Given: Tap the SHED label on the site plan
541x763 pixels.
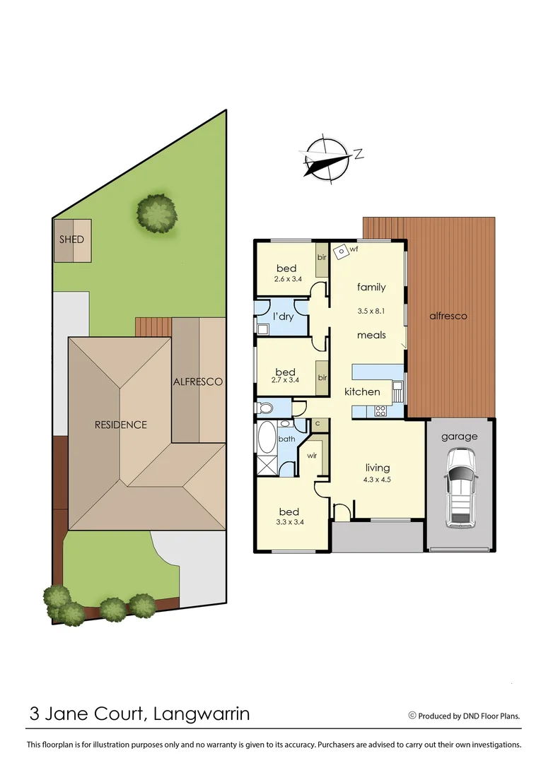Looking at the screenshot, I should [x=71, y=239].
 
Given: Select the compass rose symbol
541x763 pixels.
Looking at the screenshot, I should [x=327, y=158].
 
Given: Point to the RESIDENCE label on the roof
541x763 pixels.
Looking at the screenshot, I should [x=121, y=425].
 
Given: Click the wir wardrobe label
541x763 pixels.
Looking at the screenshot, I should [x=312, y=456].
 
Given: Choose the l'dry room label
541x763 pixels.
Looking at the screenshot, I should [x=283, y=317].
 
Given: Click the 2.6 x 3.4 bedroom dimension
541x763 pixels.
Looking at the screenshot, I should [x=286, y=279].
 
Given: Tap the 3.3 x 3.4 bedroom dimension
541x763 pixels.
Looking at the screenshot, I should [x=289, y=524].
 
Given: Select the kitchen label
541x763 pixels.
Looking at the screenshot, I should [x=362, y=391].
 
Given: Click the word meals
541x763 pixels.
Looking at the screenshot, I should [x=371, y=335].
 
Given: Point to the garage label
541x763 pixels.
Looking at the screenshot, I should [x=460, y=437].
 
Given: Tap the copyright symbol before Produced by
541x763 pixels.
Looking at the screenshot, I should [x=412, y=715].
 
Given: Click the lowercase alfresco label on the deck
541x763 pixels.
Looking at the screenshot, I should [x=448, y=316].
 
